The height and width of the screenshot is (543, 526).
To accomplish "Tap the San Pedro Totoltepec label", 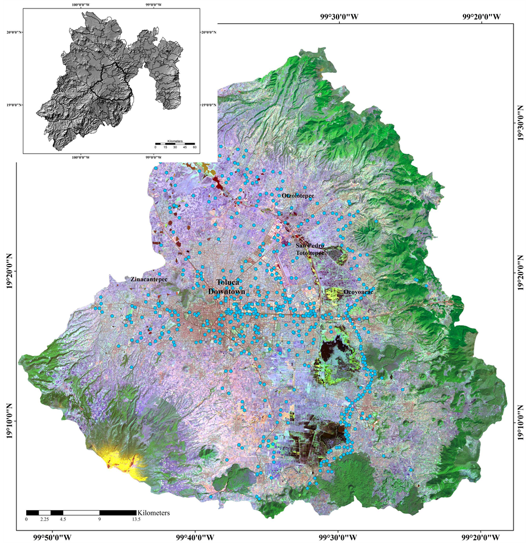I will pos(310,248).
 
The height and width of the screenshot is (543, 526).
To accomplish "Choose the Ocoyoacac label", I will pos(359,292).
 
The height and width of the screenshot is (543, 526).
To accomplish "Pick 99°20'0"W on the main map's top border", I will pos(481,16).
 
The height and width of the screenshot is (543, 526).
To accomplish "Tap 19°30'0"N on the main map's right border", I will pos(517,124).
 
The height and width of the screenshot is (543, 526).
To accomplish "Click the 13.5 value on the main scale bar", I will pos(135,520).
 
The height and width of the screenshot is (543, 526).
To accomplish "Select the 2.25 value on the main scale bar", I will pos(45,520).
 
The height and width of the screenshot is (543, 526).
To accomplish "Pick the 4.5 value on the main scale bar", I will pos(63,520).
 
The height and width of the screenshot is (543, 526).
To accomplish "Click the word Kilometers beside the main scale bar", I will pos(154,512).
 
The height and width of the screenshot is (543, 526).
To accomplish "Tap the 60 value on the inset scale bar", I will pos(195,147).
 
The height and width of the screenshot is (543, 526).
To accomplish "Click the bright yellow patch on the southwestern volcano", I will pos(121,458).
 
